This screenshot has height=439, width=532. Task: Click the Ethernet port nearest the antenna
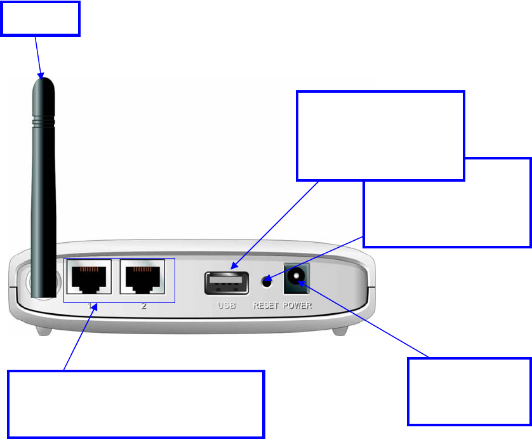(88, 278)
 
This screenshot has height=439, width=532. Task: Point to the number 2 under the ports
(144, 306)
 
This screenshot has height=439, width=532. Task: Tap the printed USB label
(227, 306)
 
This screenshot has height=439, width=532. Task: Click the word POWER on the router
(298, 306)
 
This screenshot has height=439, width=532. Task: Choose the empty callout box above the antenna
(41, 18)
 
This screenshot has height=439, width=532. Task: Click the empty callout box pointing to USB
(380, 135)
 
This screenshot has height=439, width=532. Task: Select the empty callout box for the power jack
(469, 391)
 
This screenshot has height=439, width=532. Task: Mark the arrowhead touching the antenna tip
(42, 76)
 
